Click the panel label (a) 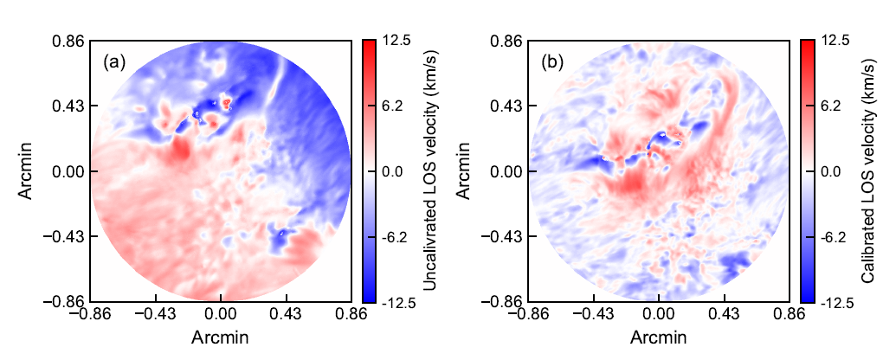pos(113,62)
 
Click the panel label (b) pos(552,62)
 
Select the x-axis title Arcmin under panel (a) pos(221,336)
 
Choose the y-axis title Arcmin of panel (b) pos(465,171)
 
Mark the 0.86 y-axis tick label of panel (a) pos(68,40)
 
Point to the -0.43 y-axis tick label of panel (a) pos(66,236)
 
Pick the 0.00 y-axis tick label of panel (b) pos(506,171)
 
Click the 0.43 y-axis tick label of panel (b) pos(506,106)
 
